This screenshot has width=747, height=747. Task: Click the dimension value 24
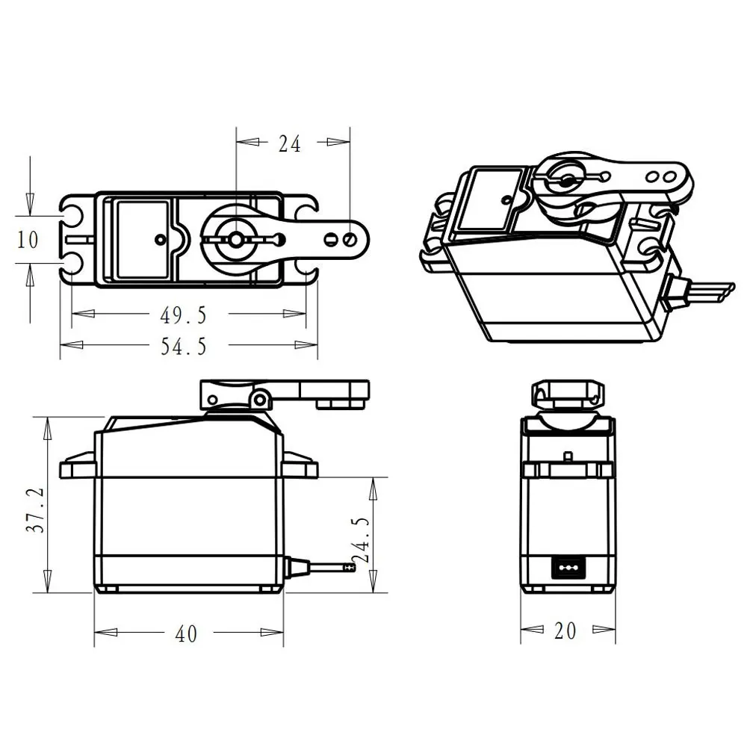coord(290,143)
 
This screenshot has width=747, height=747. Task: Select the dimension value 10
coord(28,240)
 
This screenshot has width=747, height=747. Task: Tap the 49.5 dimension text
coord(183,315)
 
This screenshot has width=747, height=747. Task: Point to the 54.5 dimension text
coord(183,346)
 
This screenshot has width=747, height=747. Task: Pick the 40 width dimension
coord(186,634)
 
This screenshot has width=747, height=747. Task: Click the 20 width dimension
coord(565,631)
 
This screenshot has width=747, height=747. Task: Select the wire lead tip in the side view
coord(348,568)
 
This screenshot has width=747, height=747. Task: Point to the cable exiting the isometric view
coord(706,291)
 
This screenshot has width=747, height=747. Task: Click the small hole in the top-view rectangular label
coord(160,239)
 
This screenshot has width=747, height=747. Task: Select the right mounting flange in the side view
coord(300,466)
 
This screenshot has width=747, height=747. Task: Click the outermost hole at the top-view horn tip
coord(351,239)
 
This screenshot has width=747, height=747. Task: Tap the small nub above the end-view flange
coord(568,456)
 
